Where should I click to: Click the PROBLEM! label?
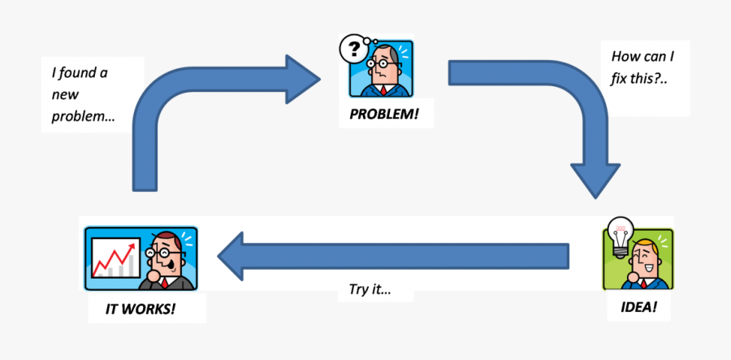384,113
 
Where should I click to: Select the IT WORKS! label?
140,309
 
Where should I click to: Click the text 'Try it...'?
370,289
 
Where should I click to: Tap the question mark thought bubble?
354,50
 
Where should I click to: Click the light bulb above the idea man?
621,236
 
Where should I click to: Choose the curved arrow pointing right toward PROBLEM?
203,98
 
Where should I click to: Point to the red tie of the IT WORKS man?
166,284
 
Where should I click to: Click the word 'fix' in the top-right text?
622,81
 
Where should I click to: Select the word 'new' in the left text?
65,94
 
